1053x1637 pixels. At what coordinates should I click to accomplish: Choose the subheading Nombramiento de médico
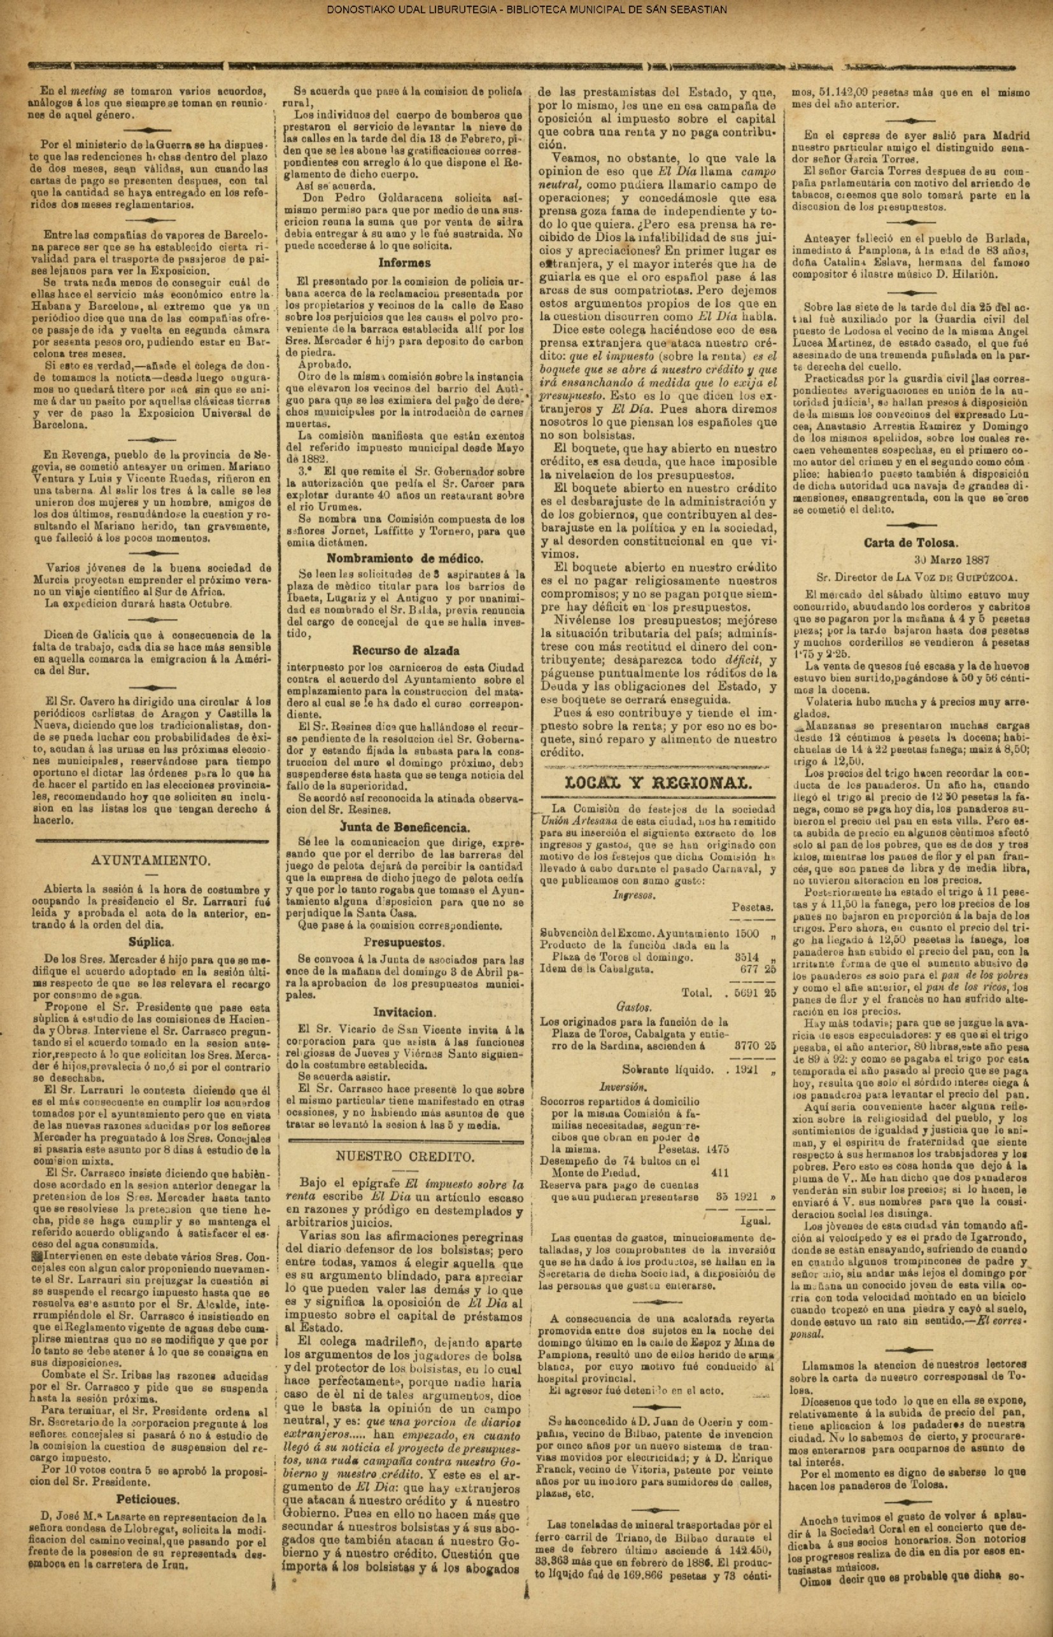[405, 557]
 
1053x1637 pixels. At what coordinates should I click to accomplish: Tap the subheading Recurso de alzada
[406, 650]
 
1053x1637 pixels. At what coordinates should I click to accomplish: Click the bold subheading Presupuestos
[406, 942]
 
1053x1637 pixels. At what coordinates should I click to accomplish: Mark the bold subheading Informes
[406, 262]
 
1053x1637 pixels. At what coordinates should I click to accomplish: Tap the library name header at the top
[526, 10]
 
